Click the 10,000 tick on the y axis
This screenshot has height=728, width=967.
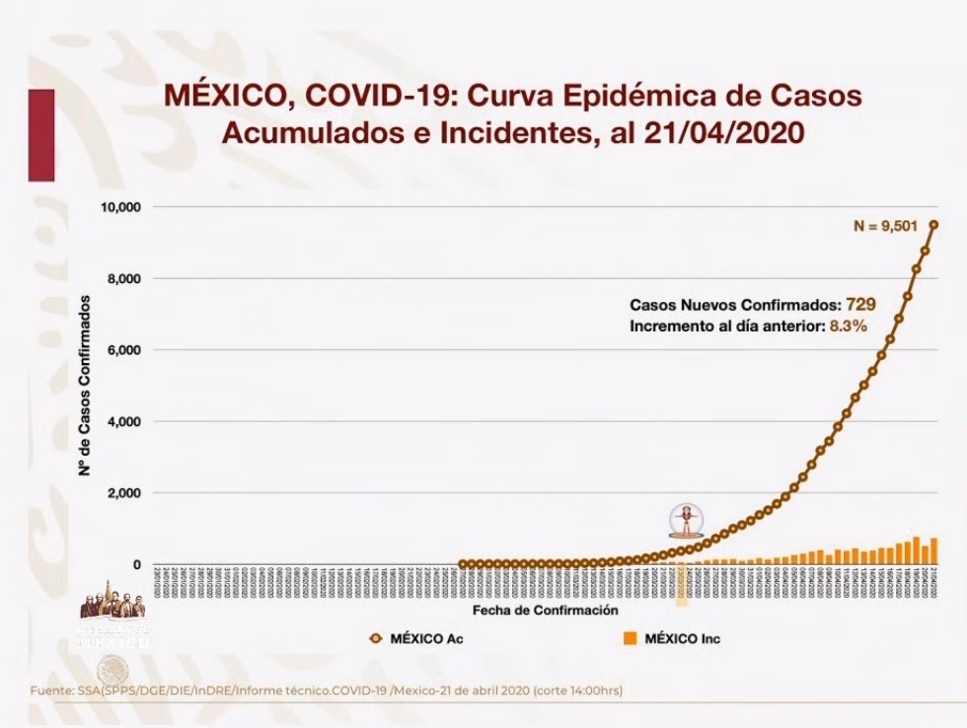(119, 207)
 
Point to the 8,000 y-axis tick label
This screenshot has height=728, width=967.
(122, 279)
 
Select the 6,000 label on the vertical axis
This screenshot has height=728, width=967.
(122, 350)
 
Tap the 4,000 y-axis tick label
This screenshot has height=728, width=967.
(122, 422)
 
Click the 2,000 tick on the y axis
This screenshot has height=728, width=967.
(122, 493)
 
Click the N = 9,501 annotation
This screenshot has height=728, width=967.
(885, 226)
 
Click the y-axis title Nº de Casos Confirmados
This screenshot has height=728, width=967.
(87, 386)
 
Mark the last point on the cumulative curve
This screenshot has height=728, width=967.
(933, 224)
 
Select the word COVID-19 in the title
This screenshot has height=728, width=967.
(375, 96)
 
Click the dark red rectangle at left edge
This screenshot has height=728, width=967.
(40, 134)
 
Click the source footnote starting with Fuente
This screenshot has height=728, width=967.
(327, 690)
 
